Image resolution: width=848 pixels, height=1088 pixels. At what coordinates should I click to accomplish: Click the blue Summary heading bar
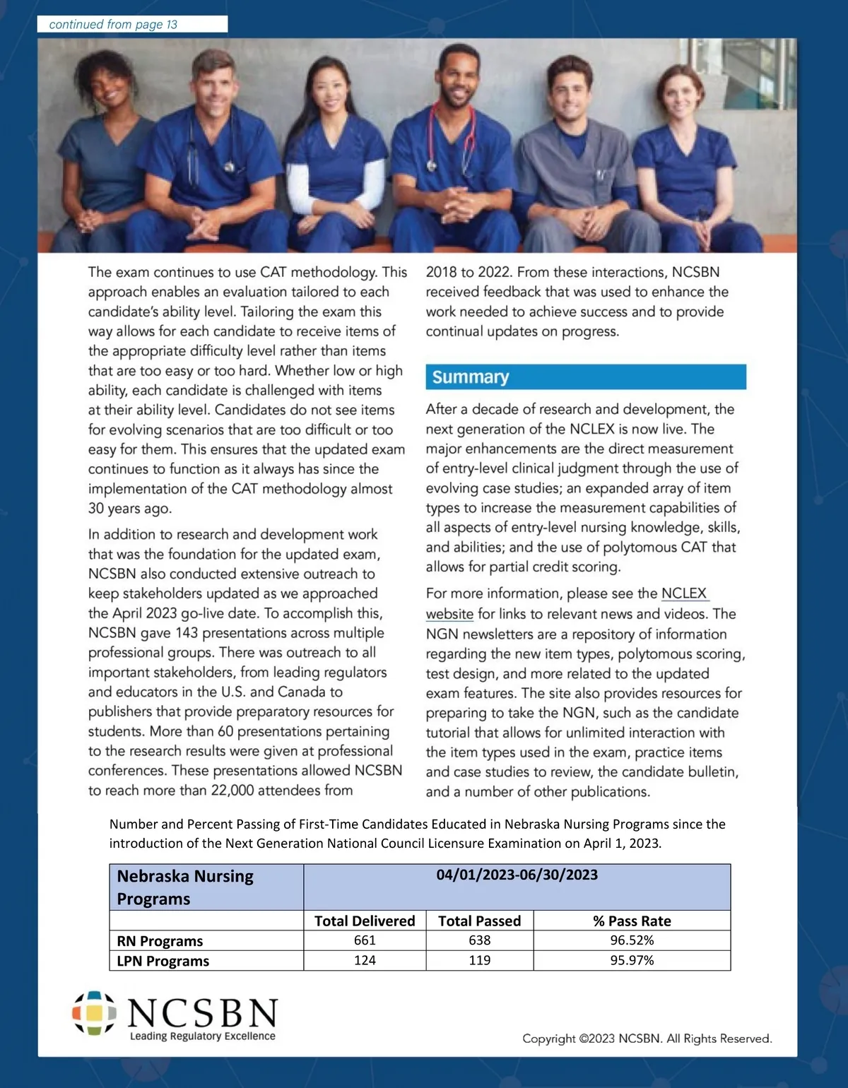pos(585,377)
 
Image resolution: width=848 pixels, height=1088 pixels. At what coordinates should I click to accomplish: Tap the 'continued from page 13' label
pos(113,25)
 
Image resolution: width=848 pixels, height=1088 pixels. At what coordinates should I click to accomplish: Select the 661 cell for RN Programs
pos(365,940)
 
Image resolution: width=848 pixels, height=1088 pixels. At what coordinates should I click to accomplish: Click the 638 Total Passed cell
pos(480,940)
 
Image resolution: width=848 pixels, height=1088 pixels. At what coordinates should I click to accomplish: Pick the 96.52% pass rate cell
pos(632,940)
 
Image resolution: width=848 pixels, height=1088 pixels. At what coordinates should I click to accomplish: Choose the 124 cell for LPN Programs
pos(365,960)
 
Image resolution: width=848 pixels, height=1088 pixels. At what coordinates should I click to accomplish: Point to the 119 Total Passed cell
pos(480,960)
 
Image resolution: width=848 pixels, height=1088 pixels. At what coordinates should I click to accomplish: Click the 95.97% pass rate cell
pos(632,960)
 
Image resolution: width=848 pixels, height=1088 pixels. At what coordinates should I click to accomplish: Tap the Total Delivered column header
pos(365,921)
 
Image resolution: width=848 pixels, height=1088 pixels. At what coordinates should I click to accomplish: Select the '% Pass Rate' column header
pos(632,921)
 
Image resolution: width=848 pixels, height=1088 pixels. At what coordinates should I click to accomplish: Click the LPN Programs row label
pos(163,961)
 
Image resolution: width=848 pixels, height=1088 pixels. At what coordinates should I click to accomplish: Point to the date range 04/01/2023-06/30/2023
pos(517,875)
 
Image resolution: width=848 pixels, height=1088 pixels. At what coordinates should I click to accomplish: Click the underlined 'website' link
pos(449,614)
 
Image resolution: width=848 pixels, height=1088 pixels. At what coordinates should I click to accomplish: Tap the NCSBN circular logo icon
pos(94,1013)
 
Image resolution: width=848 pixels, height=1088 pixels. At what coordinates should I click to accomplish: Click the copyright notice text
pos(647,1039)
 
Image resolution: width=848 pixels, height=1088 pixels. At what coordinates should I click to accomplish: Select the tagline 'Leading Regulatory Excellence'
pos(202,1036)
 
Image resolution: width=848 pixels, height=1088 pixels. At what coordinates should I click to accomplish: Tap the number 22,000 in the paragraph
pos(232,791)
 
